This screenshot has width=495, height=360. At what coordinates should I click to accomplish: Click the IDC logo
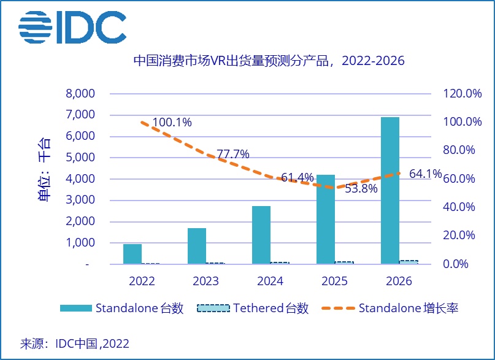[x=72, y=28]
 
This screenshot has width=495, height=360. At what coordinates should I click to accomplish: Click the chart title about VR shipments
[x=269, y=61]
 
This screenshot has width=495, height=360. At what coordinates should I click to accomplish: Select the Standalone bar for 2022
[x=132, y=254]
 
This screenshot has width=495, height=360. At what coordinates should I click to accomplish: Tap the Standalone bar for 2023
[x=197, y=246]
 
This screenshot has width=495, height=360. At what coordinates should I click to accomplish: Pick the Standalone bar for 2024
[x=261, y=235]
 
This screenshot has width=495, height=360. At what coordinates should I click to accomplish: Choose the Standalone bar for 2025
[x=326, y=219]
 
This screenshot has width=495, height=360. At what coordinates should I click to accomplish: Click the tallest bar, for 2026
[x=390, y=190]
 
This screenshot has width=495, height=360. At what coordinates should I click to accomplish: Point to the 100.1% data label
[x=172, y=122]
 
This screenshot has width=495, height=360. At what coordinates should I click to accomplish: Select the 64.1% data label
[x=425, y=174]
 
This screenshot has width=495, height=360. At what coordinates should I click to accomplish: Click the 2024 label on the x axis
[x=271, y=281]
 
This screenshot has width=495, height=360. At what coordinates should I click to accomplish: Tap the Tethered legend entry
[x=253, y=308]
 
